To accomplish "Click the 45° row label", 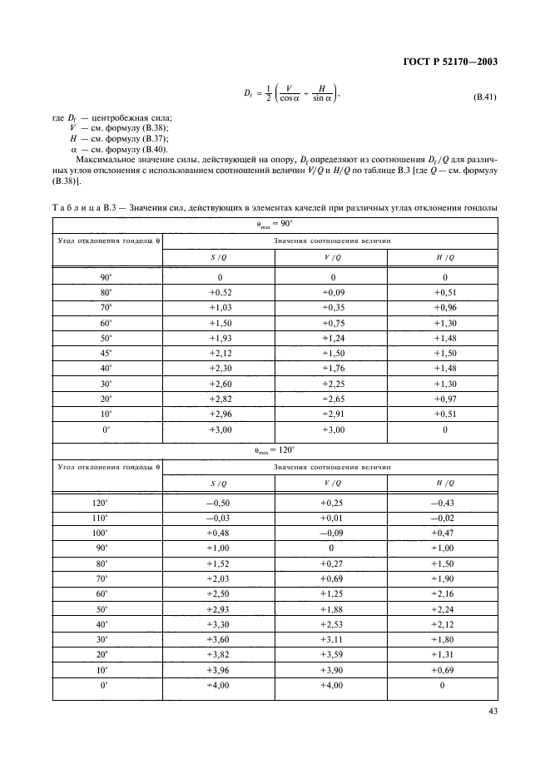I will (106, 353).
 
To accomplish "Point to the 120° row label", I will (106, 503).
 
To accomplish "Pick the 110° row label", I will (106, 518).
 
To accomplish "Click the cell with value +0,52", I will (220, 292).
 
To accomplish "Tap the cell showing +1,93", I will (220, 338).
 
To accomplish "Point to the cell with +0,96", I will (444, 307).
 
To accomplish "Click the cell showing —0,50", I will (220, 503).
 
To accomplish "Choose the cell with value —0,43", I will (444, 503).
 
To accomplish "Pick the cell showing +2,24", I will (444, 608).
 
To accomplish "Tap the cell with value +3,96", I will (220, 670).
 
